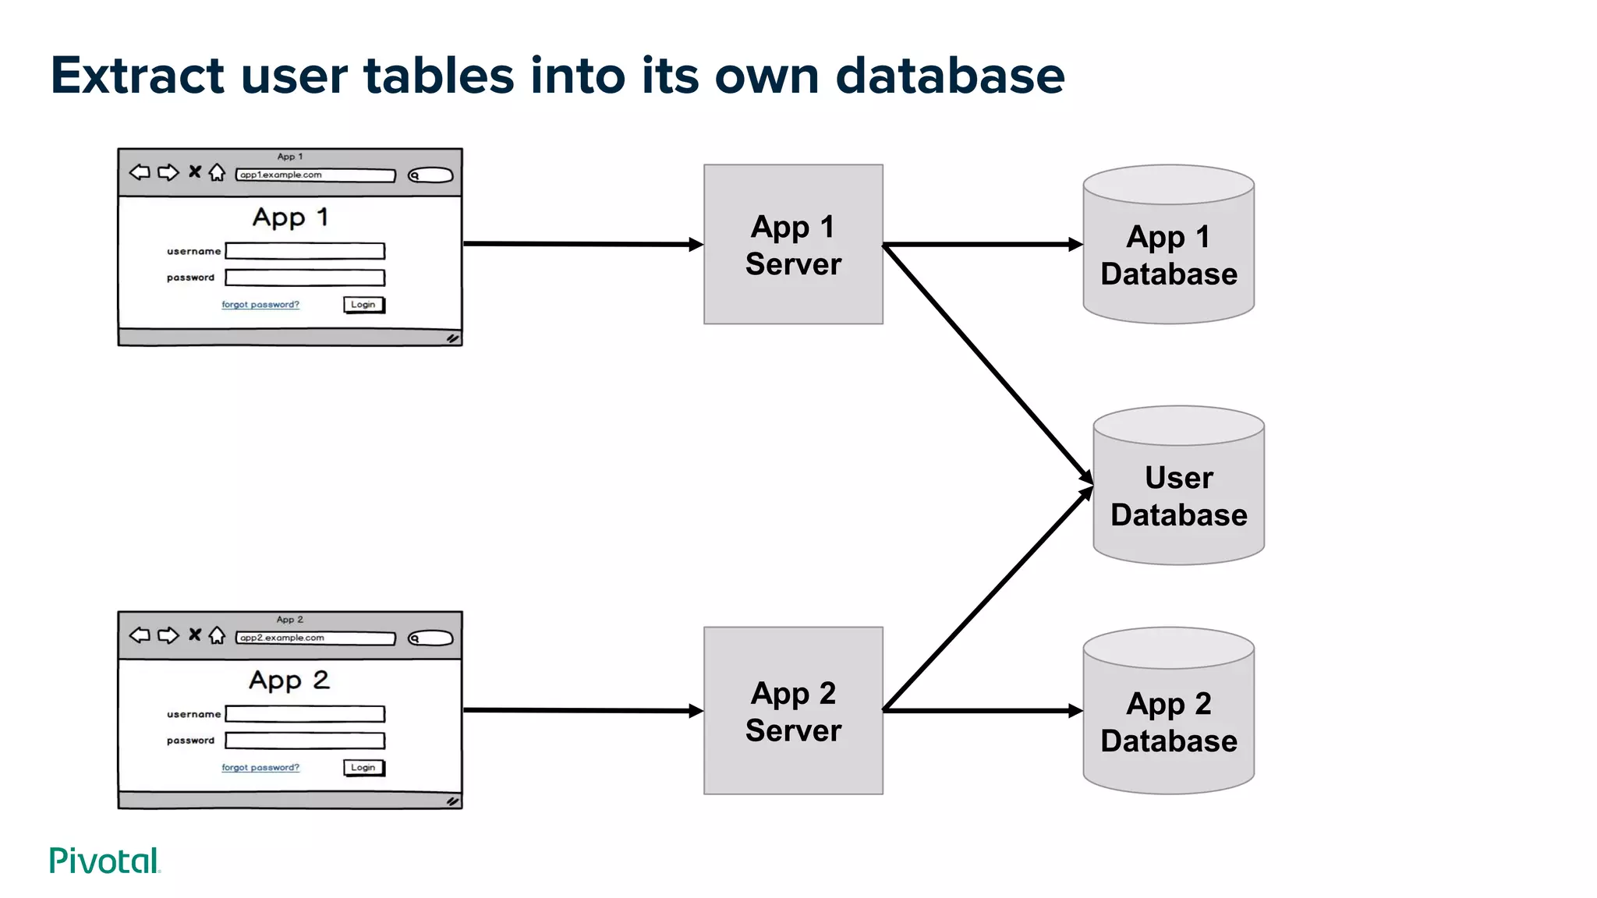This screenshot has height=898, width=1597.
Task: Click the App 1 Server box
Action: (793, 244)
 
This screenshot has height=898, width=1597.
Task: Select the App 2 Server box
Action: (793, 710)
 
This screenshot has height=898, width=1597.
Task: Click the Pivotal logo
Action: (104, 861)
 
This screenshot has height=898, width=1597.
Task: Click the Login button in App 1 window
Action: (363, 305)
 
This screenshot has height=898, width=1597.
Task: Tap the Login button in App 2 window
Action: (363, 768)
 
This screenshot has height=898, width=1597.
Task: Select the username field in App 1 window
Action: (305, 251)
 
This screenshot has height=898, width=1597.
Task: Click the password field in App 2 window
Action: (305, 741)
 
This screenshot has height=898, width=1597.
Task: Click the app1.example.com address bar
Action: (315, 175)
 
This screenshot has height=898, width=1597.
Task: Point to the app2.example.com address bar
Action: (315, 638)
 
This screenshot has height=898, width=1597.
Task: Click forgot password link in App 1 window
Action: (260, 305)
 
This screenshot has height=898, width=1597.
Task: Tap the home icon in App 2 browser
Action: (218, 635)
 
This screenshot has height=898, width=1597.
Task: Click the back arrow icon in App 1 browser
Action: (140, 172)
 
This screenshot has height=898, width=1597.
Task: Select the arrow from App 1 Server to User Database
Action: (986, 362)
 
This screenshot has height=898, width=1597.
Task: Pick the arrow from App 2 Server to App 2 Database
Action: (983, 711)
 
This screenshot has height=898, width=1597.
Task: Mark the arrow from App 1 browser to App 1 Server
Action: (581, 244)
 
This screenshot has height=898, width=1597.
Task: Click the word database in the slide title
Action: (950, 76)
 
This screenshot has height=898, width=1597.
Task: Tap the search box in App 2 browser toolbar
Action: (431, 638)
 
